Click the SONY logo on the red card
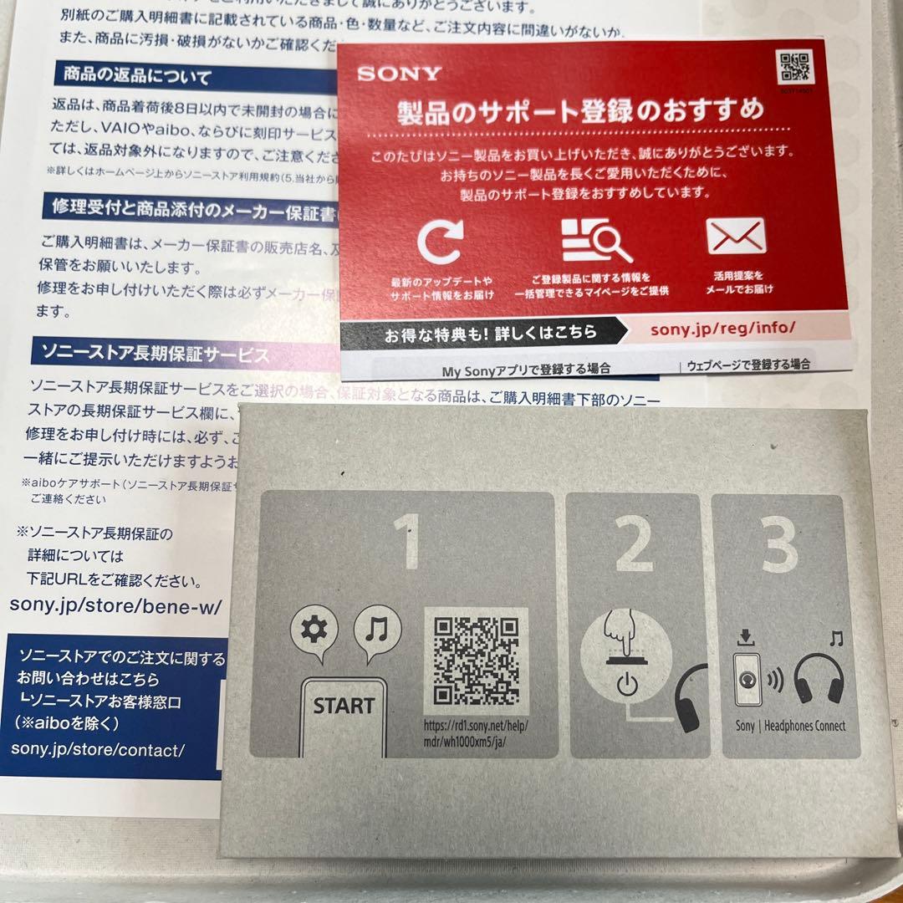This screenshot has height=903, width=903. tap(399, 74)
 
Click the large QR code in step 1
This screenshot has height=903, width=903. tap(476, 661)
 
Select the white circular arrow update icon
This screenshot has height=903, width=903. tap(440, 242)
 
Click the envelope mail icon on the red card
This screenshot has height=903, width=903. tap(736, 237)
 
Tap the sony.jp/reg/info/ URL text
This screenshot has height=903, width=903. tap(722, 328)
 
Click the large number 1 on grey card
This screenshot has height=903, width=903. tap(410, 541)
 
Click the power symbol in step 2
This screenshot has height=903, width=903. tap(626, 685)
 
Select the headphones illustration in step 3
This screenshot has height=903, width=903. tap(818, 679)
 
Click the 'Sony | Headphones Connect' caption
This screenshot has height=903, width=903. tap(790, 726)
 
